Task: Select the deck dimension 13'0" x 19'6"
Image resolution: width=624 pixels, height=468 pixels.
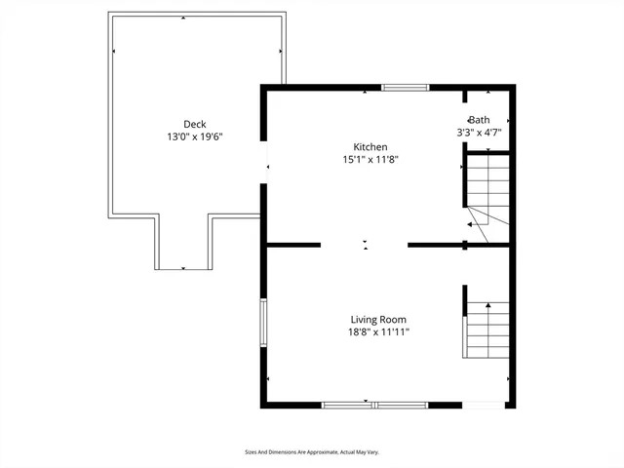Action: pos(195,137)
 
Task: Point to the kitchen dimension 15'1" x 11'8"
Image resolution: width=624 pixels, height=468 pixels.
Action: pos(370,159)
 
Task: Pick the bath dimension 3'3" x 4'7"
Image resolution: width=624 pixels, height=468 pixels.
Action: pos(480,132)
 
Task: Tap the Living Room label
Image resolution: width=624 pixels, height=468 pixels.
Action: pos(378,319)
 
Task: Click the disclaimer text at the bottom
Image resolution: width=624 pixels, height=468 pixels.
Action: pos(311,451)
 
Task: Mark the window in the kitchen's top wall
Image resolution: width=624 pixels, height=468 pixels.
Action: pos(405,88)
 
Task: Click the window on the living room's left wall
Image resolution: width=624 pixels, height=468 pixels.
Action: pos(262,323)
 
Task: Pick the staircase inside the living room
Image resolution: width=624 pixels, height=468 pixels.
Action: pos(487,329)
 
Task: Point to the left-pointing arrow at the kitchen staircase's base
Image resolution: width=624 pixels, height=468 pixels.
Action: pos(470,224)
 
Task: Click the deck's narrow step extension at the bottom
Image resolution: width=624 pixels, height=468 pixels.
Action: pos(182,244)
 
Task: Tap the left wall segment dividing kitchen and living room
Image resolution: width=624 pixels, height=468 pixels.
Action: pos(292,244)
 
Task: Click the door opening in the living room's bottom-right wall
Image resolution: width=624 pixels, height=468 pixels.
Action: pos(484,404)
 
